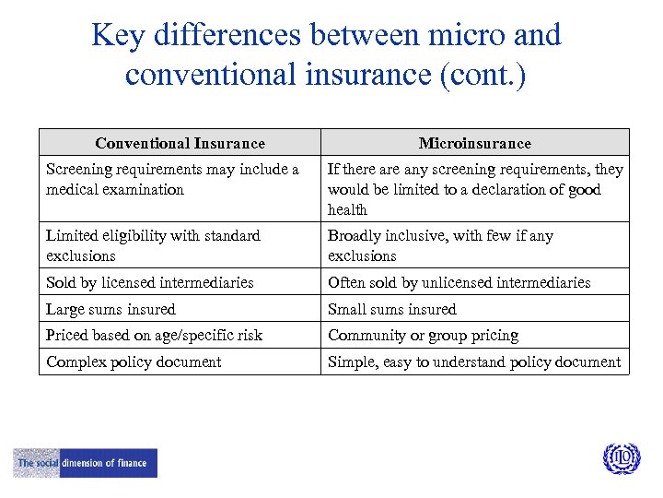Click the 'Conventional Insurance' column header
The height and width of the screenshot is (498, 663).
(x=180, y=143)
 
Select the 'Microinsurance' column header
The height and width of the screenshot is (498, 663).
(x=474, y=143)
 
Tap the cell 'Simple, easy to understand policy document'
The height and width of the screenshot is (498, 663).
(x=474, y=362)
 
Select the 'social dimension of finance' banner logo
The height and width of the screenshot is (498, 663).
(x=86, y=463)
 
